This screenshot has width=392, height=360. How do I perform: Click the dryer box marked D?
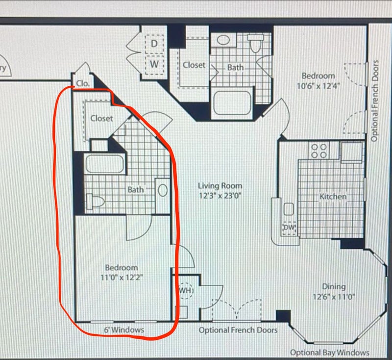pos(154,44)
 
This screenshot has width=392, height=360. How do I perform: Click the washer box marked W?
pos(154,65)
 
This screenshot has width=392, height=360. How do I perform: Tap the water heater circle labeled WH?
pos(186,290)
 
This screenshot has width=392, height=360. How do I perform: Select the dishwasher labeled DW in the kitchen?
pos(289,228)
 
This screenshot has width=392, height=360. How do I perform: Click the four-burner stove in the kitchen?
pos(318,151)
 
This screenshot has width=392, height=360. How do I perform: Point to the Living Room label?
pos(220,186)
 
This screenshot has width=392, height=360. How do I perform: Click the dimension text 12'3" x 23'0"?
pos(220,196)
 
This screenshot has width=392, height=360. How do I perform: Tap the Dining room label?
pos(334,287)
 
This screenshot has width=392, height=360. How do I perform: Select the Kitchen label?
pos(333,197)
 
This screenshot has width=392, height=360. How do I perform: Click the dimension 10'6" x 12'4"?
pos(318,86)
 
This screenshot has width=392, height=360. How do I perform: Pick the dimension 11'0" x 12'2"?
pos(122,278)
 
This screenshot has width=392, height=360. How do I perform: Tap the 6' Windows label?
pos(124,330)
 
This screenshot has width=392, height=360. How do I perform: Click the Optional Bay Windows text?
pos(329,353)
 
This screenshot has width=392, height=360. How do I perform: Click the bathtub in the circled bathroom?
pos(105,164)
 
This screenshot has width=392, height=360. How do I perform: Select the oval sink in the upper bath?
pos(223,40)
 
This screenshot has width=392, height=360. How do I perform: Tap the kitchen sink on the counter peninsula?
pos(289,209)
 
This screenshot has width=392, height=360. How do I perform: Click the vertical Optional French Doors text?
pos(374,101)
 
